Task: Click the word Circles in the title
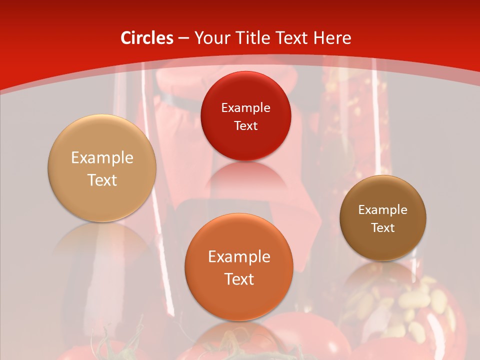(x=146, y=38)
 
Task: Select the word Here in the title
(x=331, y=38)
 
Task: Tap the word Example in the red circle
(x=245, y=107)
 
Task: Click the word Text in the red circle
(x=245, y=125)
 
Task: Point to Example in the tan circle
(x=102, y=158)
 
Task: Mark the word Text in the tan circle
(x=102, y=180)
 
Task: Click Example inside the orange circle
(x=239, y=257)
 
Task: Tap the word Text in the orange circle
(x=239, y=279)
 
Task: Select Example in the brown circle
(x=382, y=210)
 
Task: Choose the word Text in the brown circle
(x=382, y=228)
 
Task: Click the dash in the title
(x=183, y=38)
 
